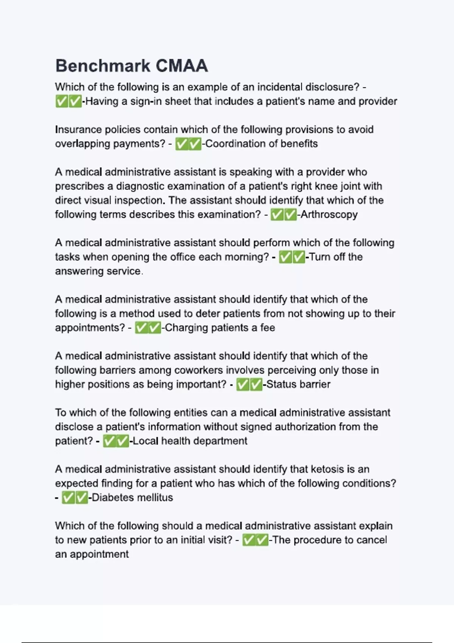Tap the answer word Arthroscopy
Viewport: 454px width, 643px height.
click(x=329, y=214)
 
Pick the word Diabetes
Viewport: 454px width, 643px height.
click(x=110, y=497)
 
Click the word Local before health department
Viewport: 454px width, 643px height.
click(x=145, y=441)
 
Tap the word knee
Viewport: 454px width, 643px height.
click(x=329, y=186)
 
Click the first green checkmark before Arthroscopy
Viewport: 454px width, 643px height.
click(x=277, y=215)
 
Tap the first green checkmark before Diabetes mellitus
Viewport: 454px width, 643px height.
click(x=68, y=498)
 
